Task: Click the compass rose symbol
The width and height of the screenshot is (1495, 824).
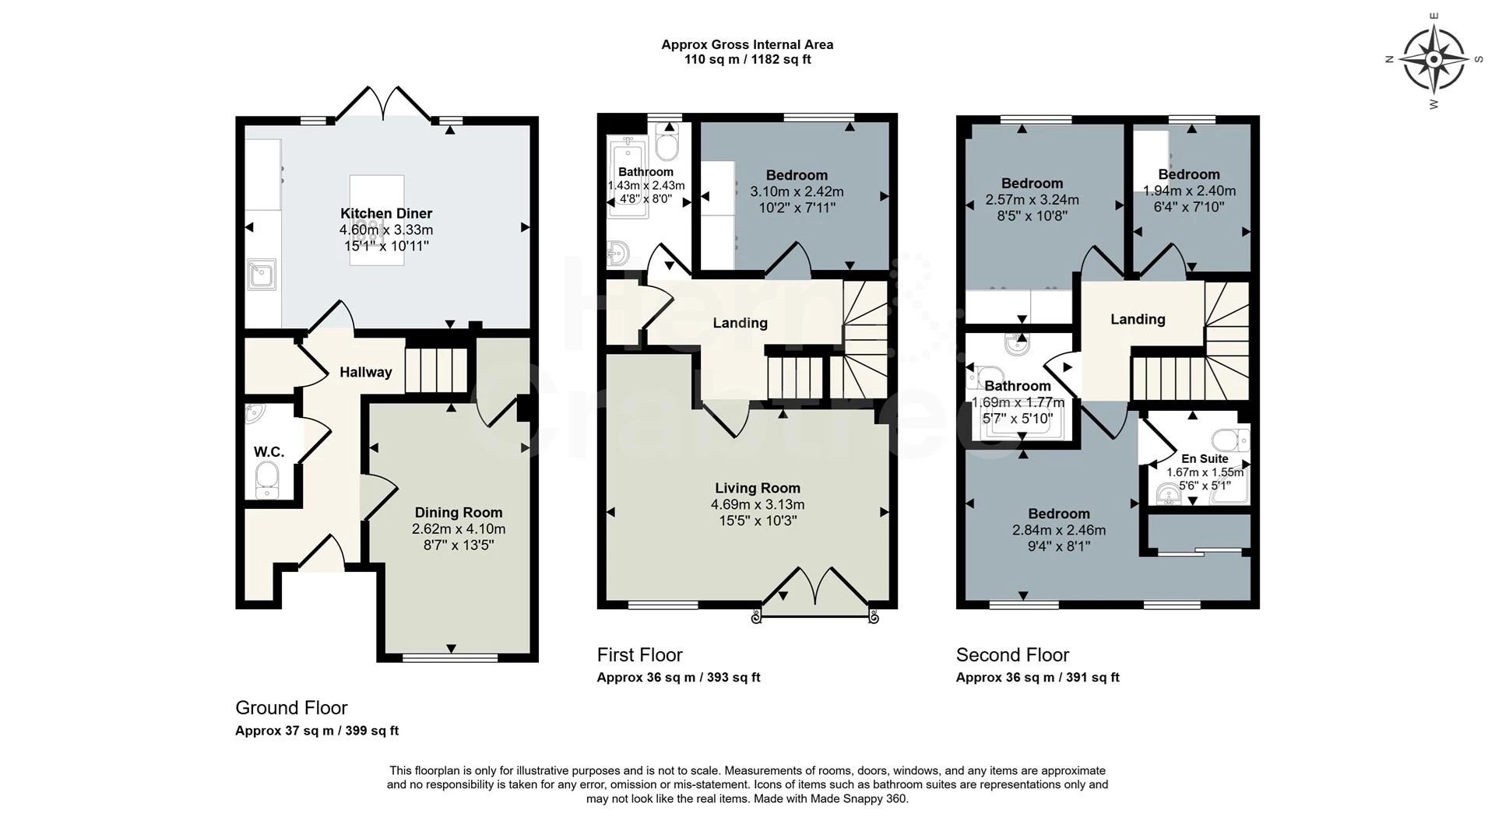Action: coord(1433,59)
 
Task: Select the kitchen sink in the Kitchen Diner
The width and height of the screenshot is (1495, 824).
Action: coord(261,274)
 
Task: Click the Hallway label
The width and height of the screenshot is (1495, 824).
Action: coord(365,373)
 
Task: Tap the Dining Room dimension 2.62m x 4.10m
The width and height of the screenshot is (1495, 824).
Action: coord(459,529)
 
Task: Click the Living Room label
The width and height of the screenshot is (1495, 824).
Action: coord(758,488)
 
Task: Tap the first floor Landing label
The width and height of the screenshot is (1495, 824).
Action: coord(740,323)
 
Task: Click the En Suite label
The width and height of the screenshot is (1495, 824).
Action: coord(1205,459)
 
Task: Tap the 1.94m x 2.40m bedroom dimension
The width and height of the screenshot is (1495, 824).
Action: coord(1189,191)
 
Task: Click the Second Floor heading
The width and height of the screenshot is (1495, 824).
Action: coord(1012,655)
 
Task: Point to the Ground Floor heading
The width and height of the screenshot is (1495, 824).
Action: coord(291,708)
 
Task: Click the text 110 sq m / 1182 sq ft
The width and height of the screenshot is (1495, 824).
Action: coord(747,59)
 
